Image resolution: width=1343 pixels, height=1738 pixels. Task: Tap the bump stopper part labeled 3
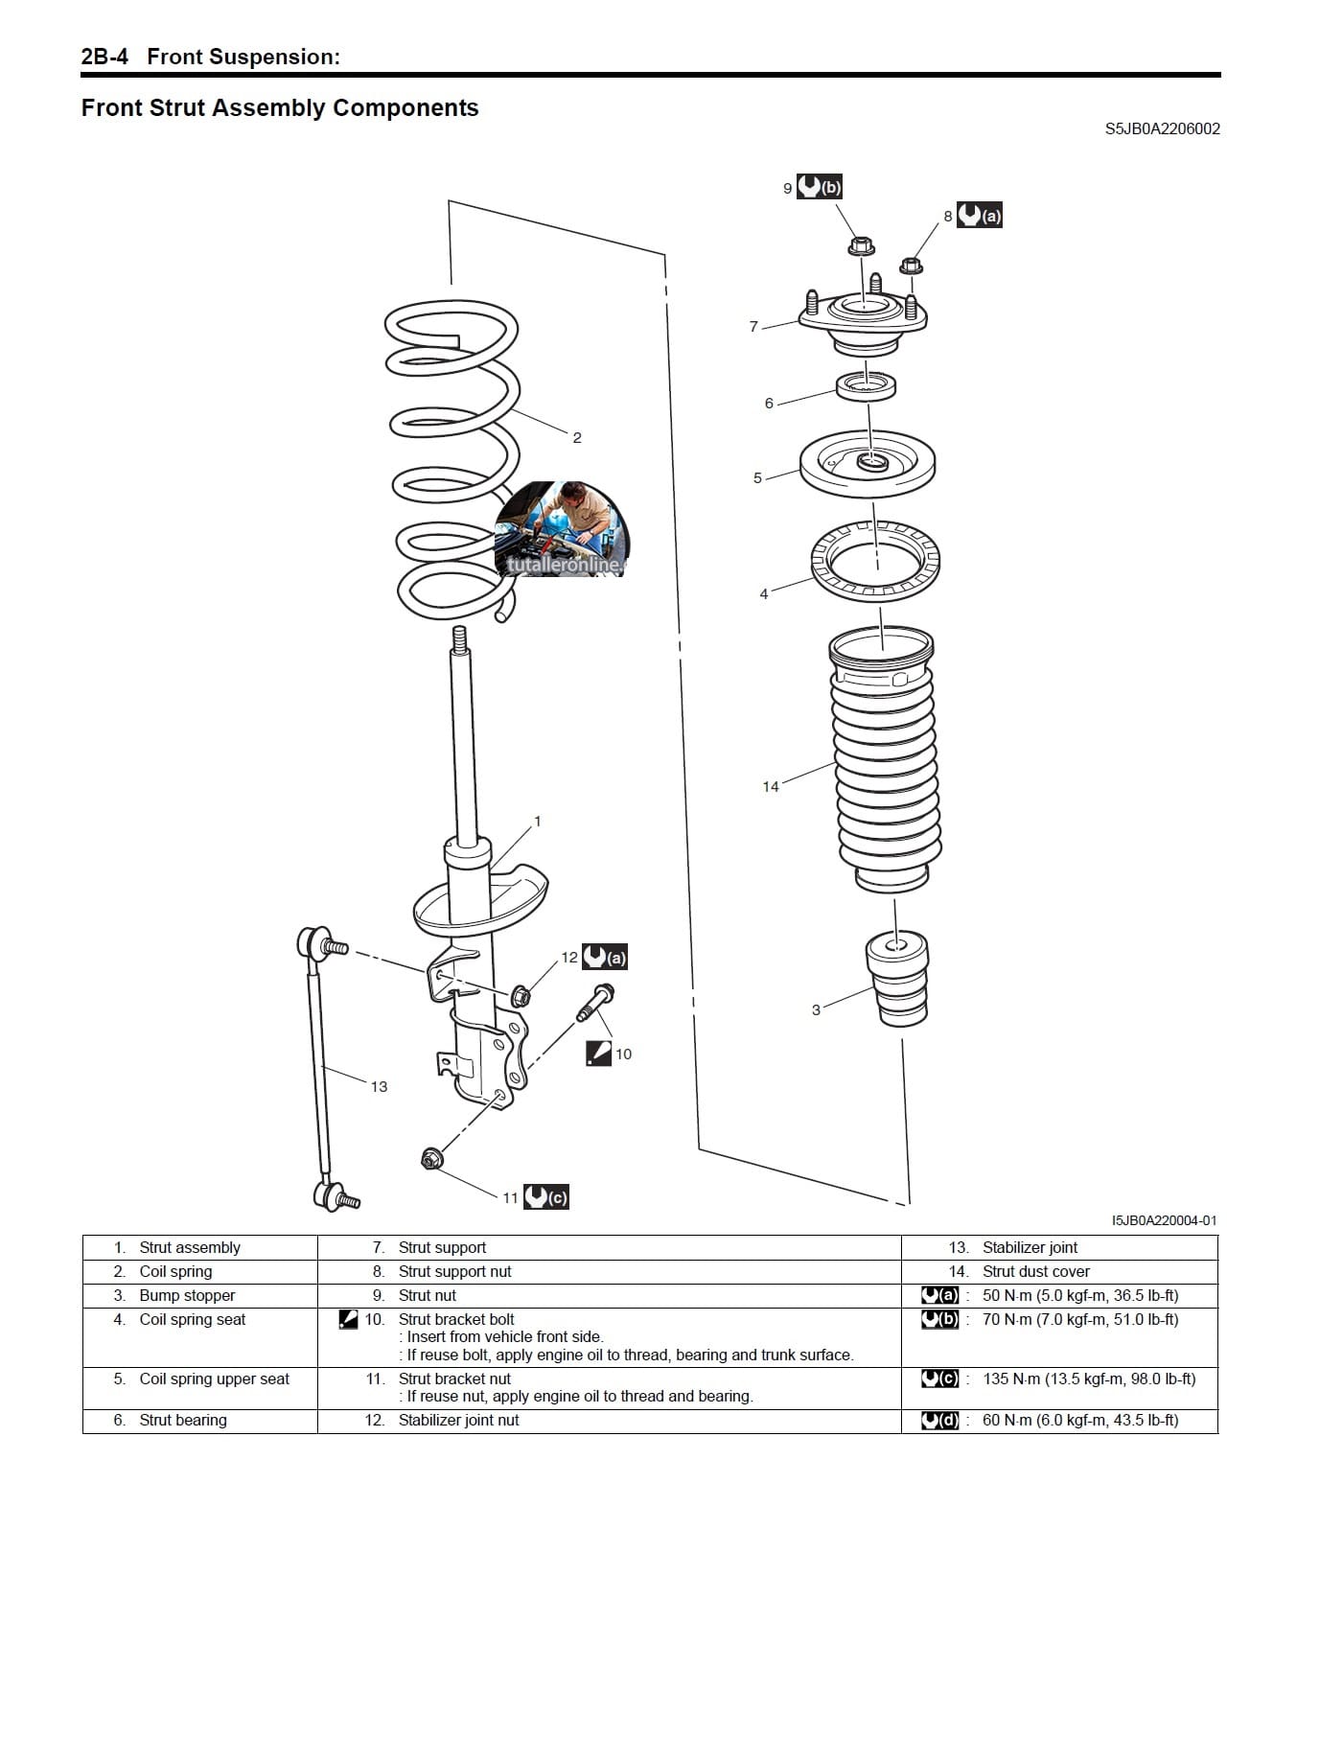tap(897, 980)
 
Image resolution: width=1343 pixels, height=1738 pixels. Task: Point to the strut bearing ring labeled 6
tap(867, 387)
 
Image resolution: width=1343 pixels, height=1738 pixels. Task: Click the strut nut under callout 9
tap(861, 246)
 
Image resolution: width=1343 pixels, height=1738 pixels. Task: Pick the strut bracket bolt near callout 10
tap(594, 1002)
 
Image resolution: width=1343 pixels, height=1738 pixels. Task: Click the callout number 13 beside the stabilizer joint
tap(379, 1086)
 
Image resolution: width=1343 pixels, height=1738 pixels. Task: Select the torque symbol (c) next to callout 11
tap(546, 1196)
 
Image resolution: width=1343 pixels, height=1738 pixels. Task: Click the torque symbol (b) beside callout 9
tap(820, 187)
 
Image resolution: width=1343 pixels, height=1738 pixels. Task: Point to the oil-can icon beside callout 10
tap(598, 1053)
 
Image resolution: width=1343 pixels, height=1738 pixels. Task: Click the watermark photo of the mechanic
tap(563, 529)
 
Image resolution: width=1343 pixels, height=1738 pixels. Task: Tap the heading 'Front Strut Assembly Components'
tap(280, 107)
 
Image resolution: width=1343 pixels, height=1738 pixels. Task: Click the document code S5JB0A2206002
tap(1162, 128)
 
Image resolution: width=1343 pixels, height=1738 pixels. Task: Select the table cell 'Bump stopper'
tap(187, 1295)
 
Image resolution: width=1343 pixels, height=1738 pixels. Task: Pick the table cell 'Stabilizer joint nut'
tap(458, 1420)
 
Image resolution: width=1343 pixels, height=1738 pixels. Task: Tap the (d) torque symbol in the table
tap(939, 1420)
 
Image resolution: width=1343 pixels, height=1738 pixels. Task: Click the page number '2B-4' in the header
tap(104, 57)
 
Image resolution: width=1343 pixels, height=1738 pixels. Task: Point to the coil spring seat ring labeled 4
tap(875, 560)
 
